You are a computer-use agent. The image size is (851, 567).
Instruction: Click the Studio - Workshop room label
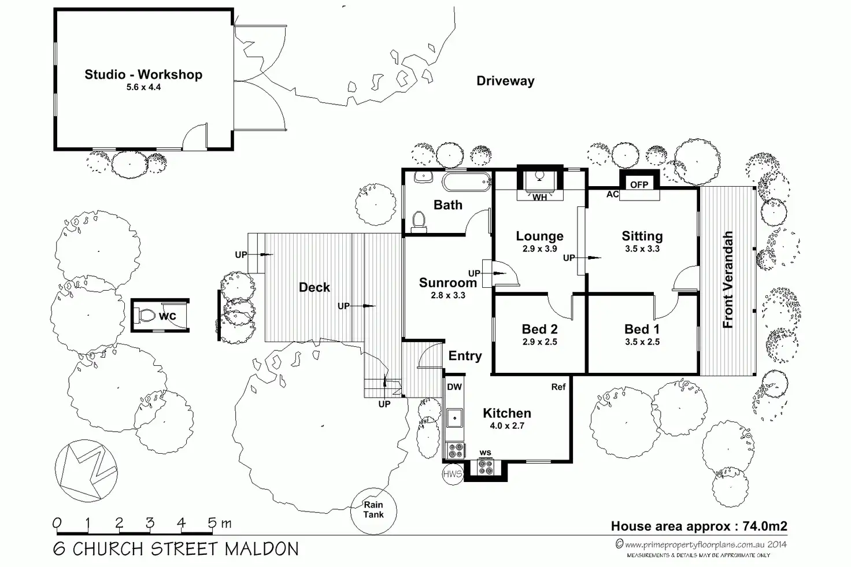(x=143, y=75)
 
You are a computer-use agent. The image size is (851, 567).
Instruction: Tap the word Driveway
(x=505, y=81)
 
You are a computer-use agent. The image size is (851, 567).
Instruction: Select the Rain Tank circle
(x=373, y=509)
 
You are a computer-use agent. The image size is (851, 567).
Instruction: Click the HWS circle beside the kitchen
(x=453, y=475)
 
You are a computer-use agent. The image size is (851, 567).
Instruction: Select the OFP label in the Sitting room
(x=639, y=185)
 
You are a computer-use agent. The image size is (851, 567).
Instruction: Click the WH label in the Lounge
(x=539, y=198)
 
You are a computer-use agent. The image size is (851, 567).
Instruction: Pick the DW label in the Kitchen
(x=454, y=387)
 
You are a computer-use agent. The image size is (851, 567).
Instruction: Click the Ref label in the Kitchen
(x=558, y=387)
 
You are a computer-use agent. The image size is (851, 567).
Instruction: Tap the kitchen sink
(x=454, y=416)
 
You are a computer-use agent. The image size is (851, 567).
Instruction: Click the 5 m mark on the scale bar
(x=213, y=524)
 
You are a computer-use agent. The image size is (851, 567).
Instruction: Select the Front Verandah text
(x=728, y=280)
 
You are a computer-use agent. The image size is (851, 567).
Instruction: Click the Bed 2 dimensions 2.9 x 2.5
(x=539, y=342)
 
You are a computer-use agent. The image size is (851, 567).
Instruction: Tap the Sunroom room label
(x=448, y=283)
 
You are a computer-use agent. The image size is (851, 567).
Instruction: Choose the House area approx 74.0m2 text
(x=699, y=526)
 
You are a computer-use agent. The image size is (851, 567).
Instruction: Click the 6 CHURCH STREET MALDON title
(x=176, y=549)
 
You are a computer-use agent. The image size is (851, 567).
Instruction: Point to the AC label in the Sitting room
(x=613, y=194)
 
